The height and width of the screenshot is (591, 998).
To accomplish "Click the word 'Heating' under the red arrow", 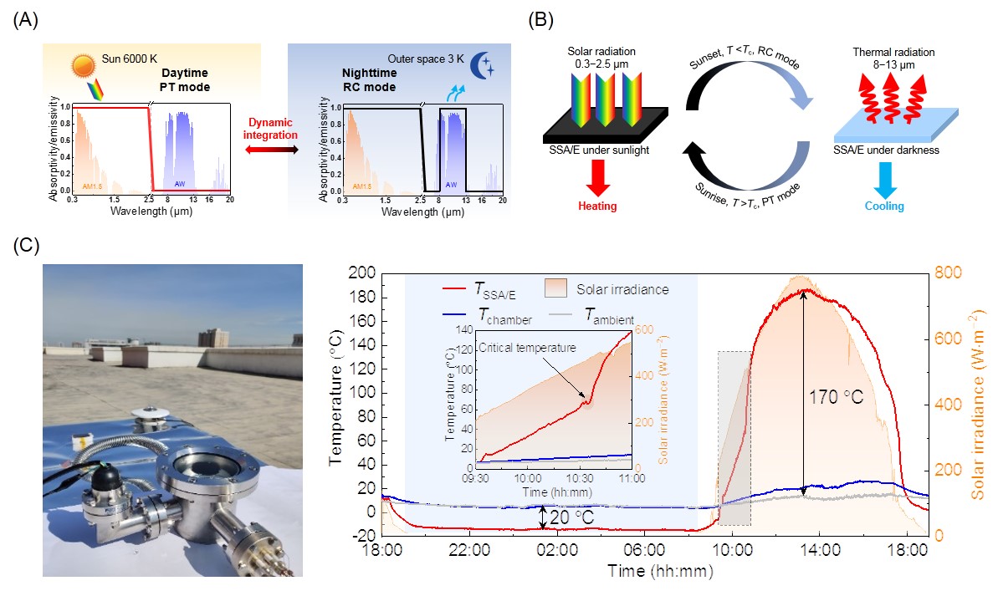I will pos(597,206).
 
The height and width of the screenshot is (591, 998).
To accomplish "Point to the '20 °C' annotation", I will pos(575,518).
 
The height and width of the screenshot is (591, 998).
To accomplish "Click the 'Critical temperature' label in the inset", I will pos(528,348).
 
